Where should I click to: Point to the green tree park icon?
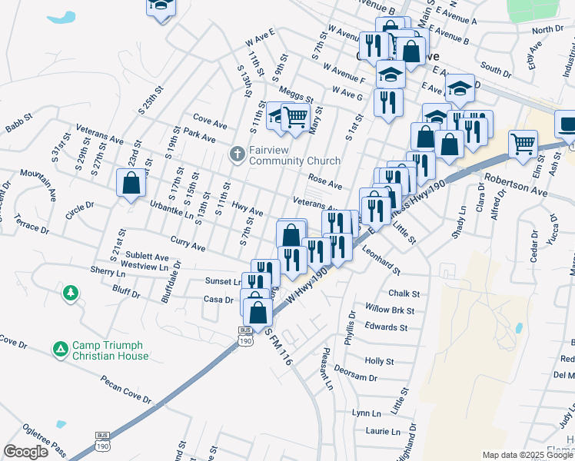(x=71, y=292)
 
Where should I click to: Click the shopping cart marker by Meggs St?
(x=295, y=118)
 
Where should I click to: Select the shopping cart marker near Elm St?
(x=523, y=142)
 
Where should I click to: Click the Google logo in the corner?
(x=25, y=451)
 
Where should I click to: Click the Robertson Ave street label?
(x=515, y=185)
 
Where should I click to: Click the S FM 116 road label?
(x=281, y=347)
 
